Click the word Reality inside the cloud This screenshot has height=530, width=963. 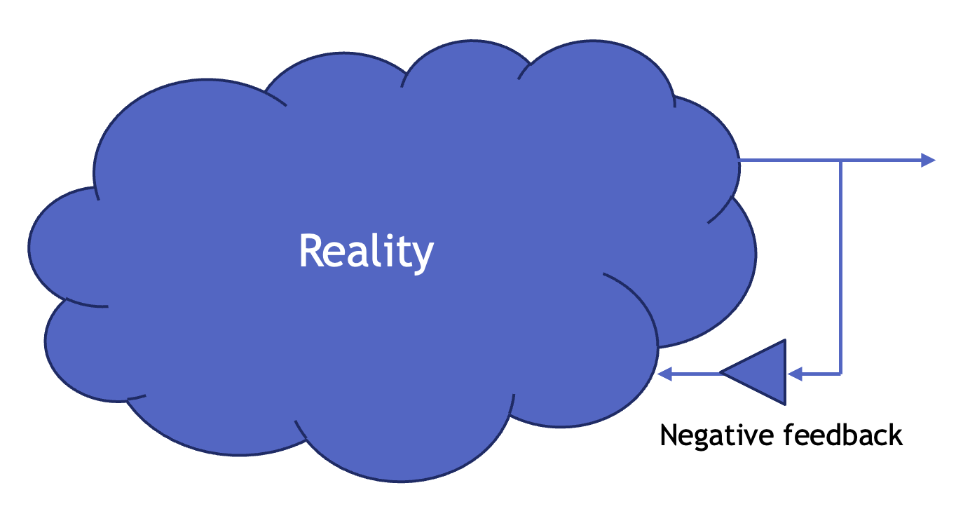click(x=366, y=251)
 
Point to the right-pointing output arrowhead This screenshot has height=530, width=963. click(x=928, y=161)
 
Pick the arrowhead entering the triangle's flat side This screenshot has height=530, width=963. click(x=794, y=374)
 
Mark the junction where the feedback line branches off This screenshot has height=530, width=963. click(x=840, y=161)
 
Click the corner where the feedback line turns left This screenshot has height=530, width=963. click(x=840, y=374)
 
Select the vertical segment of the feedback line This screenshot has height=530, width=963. click(x=840, y=266)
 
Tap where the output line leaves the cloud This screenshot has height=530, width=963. click(x=740, y=161)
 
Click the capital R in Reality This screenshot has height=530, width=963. click(x=310, y=250)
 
